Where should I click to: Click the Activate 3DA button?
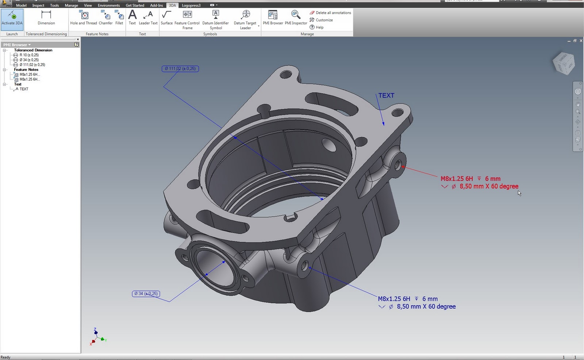pos(12,18)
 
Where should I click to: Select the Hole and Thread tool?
pos(84,18)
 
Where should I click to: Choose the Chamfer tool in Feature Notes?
pos(105,18)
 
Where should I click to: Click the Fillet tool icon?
pos(119,18)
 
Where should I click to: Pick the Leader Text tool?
pos(148,18)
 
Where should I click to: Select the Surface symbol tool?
pos(166,18)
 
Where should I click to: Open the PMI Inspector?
pos(296,18)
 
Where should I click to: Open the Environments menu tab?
pos(108,5)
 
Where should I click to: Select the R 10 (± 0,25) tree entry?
pos(29,55)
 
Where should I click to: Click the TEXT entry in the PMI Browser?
pos(24,89)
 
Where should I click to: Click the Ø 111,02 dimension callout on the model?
pos(180,69)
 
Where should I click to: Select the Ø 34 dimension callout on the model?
pos(146,294)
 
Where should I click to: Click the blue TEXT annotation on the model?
pos(386,96)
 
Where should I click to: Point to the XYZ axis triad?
pos(97,337)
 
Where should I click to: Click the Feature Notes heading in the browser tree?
pos(26,70)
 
